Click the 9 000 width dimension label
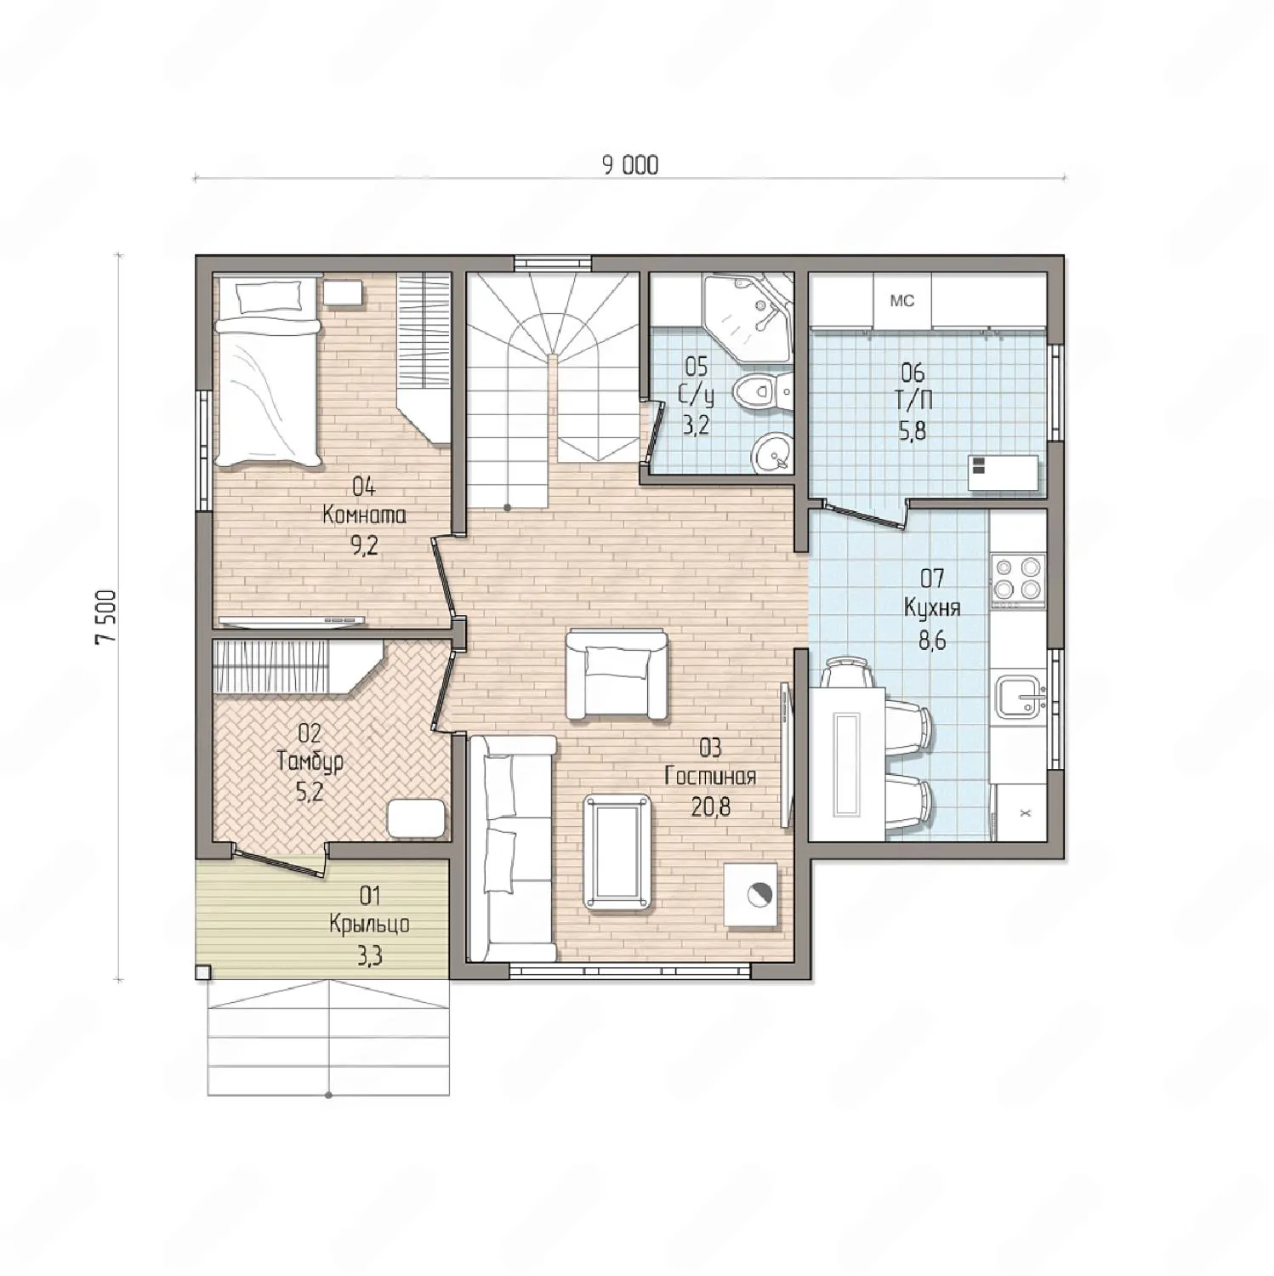(630, 165)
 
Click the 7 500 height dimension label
(105, 617)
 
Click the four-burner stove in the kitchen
(1017, 578)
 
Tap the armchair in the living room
(617, 675)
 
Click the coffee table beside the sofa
(618, 852)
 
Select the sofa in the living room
(512, 848)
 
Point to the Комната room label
(364, 516)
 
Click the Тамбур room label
(310, 760)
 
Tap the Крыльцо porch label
(369, 924)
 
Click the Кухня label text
(932, 609)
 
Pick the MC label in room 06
(901, 300)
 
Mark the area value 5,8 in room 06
(913, 430)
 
